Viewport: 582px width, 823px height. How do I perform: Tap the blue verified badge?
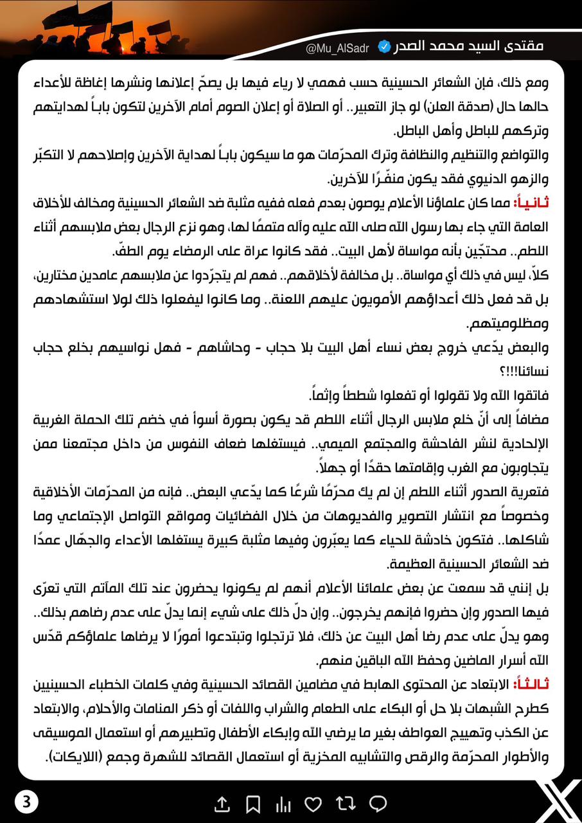point(384,46)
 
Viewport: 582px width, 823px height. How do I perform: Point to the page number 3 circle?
point(26,802)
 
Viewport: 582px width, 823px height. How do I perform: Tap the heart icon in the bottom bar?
point(313,803)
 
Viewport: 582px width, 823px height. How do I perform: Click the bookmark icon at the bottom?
point(253,803)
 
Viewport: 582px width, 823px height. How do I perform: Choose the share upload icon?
point(222,803)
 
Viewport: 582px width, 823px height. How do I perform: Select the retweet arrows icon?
point(346,803)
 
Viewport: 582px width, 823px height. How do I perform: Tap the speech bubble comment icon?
point(378,803)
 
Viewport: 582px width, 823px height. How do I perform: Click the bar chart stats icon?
point(283,803)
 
